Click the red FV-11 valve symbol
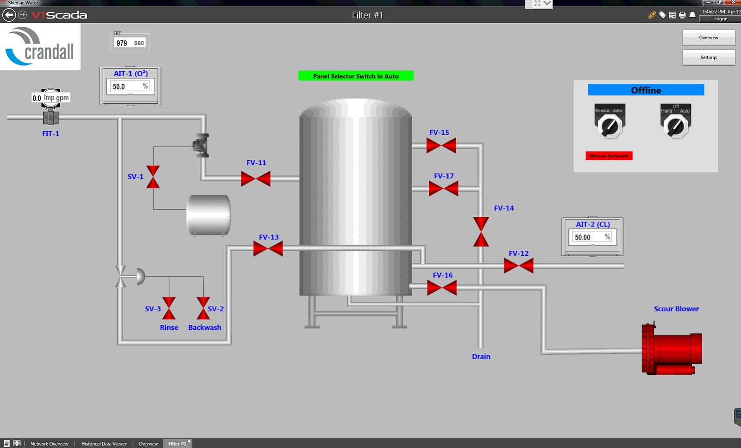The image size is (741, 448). pos(256,179)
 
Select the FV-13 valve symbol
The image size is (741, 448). pos(268,249)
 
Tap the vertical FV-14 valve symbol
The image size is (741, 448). pos(481,232)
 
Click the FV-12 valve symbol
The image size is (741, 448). pos(518,266)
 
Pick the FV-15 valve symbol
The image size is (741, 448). pos(441,145)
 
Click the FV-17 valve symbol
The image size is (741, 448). pos(443,189)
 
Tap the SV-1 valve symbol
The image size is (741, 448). pos(153,177)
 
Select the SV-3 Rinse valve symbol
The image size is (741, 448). pos(169,308)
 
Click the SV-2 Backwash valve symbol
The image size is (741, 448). pos(203,308)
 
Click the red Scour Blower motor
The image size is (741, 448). pos(672,349)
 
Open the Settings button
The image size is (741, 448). pos(708,57)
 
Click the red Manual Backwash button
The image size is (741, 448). pos(609,156)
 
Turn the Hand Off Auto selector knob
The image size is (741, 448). pos(676,126)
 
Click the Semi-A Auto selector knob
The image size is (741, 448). pos(609,126)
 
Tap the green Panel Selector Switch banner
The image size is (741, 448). pos(356,76)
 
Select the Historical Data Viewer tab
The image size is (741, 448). pos(104,444)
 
